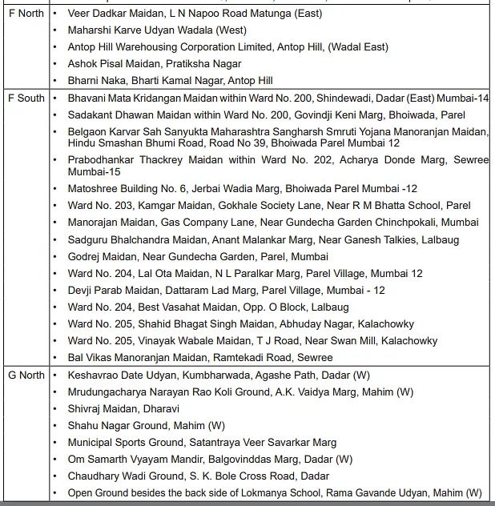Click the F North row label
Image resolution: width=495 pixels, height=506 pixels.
pos(26,14)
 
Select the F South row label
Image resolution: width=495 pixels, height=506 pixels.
pos(26,98)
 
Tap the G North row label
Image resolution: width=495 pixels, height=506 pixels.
pos(26,375)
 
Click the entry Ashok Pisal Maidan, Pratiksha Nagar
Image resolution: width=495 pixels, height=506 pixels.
pos(155,64)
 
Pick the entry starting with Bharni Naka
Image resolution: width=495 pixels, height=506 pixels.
pos(171,81)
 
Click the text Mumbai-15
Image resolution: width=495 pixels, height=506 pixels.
pos(94,171)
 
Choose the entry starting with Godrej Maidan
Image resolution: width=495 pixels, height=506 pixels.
pos(198,256)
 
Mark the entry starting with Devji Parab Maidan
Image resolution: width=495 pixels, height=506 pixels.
pos(227,290)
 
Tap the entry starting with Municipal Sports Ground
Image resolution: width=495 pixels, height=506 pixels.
pos(202,442)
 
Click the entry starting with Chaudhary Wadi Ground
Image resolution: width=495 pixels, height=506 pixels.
pos(199,476)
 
